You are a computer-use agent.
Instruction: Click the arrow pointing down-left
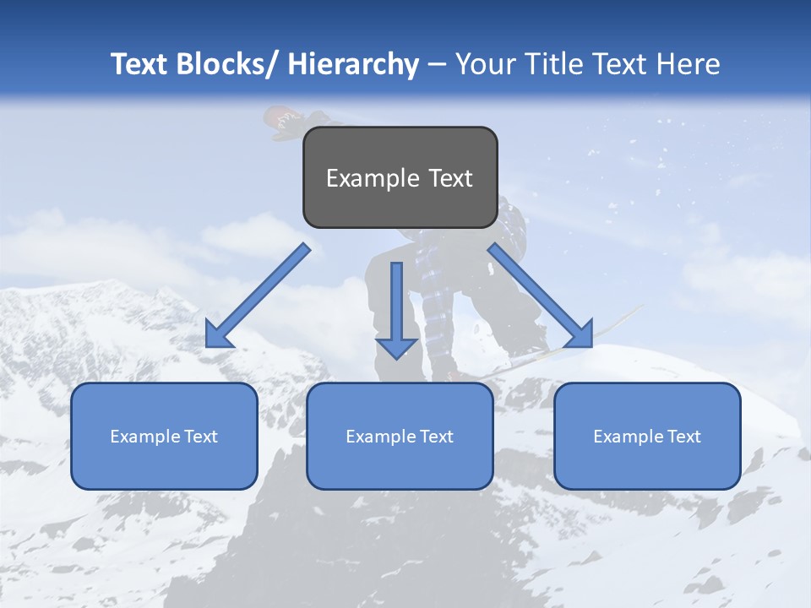258,296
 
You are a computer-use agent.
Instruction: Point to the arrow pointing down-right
541,296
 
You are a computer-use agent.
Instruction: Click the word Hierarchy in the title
353,64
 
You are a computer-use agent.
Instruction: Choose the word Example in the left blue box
144,437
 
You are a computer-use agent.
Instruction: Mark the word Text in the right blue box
683,437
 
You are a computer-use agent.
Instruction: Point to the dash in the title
437,65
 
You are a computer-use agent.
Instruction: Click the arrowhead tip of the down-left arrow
208,346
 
